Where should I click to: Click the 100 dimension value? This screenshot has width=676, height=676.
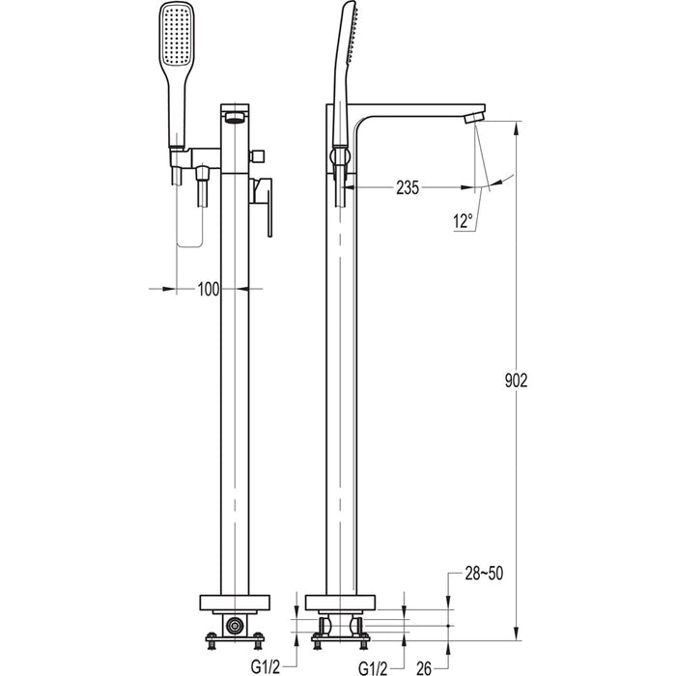208,288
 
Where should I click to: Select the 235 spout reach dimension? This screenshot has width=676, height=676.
407,189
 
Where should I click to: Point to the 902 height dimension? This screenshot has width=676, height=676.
517,380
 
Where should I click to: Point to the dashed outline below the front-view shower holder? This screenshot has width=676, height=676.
192,217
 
